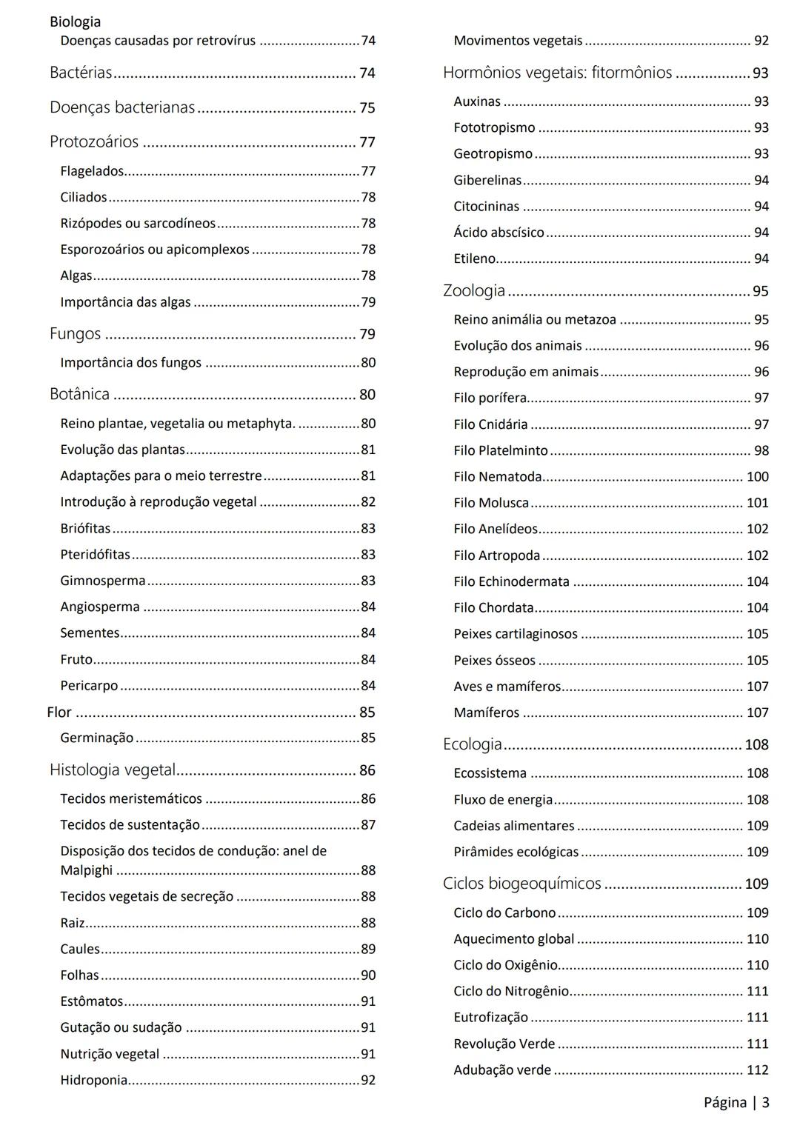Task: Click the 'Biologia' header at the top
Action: [75, 21]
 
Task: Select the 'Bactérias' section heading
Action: [81, 73]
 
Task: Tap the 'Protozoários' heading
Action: [94, 141]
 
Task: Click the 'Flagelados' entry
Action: [92, 171]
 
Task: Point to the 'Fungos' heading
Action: [75, 334]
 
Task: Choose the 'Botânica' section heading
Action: [79, 394]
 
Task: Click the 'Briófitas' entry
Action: [85, 528]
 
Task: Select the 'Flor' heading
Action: [59, 712]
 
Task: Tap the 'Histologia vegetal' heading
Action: [113, 770]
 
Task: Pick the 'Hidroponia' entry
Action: [94, 1080]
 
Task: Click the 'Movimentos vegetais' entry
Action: [518, 41]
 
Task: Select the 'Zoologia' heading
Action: [474, 290]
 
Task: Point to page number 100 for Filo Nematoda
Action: [757, 477]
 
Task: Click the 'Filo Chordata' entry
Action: [493, 608]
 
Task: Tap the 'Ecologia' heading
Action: [473, 744]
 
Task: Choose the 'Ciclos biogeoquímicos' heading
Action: [522, 884]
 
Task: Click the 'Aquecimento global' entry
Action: [514, 939]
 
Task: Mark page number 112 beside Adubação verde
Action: [757, 1070]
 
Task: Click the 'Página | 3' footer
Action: [736, 1103]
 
